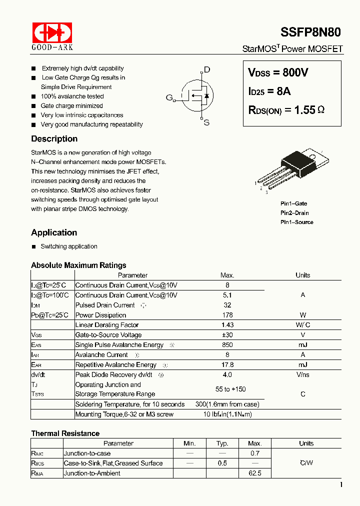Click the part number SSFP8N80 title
tap(311, 32)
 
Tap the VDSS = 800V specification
tap(278, 73)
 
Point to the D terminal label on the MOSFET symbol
tap(207, 70)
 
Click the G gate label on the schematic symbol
tap(169, 97)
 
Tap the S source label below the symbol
tap(206, 122)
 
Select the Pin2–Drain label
tap(294, 213)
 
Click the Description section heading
tap(54, 139)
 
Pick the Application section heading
tap(54, 232)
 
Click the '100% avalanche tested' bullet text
tap(72, 96)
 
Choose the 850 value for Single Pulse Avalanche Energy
tap(227, 345)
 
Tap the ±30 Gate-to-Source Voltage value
tap(227, 335)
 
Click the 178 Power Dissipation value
tap(227, 315)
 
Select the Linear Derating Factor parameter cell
tap(107, 325)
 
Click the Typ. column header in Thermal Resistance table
tap(222, 443)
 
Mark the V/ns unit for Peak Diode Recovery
tap(302, 375)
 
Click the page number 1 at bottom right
tap(341, 485)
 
